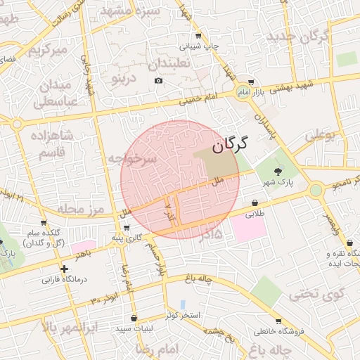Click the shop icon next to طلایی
point(254,203)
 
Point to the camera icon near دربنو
point(158,81)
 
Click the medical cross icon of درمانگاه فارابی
point(64,269)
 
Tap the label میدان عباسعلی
point(55,94)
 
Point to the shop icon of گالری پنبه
point(127,227)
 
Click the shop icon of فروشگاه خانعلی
point(278,321)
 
